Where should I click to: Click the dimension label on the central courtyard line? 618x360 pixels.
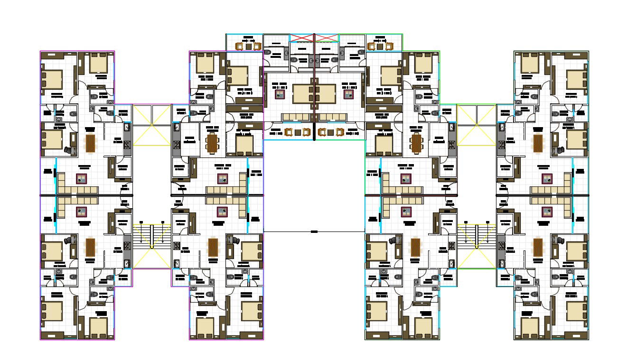pos(314,231)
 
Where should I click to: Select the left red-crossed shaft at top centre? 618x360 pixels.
pos(302,37)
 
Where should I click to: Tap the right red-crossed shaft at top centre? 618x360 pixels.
pos(327,37)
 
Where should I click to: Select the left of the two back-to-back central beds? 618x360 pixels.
pos(302,93)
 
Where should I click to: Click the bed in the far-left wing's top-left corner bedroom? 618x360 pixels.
pos(53,79)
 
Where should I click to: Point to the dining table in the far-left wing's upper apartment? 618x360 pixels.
pos(90,143)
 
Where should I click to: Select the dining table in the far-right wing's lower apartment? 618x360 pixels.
pos(538,247)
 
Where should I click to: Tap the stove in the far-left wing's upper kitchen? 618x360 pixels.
pos(127,145)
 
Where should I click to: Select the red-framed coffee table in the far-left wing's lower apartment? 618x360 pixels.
pos(82,211)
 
